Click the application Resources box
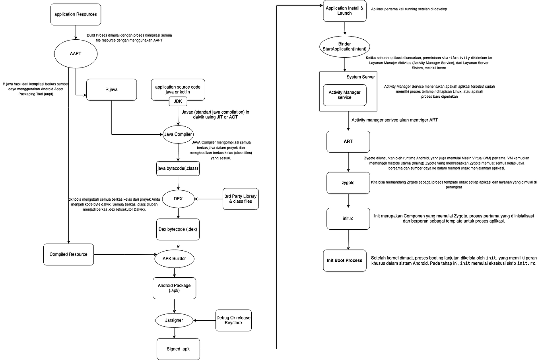pyautogui.click(x=76, y=14)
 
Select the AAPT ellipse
pyautogui.click(x=76, y=54)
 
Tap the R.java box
pyautogui.click(x=111, y=89)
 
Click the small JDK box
pyautogui.click(x=178, y=101)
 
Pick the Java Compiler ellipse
pyautogui.click(x=178, y=134)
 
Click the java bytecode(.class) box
pyautogui.click(x=178, y=168)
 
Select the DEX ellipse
pyautogui.click(x=178, y=199)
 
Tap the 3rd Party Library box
pyautogui.click(x=240, y=199)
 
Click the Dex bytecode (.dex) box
pyautogui.click(x=178, y=229)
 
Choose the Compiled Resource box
pyautogui.click(x=68, y=254)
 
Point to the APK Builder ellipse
pyautogui.click(x=174, y=259)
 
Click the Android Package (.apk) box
pyautogui.click(x=174, y=288)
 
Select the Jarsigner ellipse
pyautogui.click(x=174, y=320)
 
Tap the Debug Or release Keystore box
pyautogui.click(x=233, y=320)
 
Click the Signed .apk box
pyautogui.click(x=178, y=349)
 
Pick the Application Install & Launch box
pyautogui.click(x=344, y=11)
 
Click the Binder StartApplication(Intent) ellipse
pyautogui.click(x=344, y=46)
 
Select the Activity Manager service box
pyautogui.click(x=344, y=95)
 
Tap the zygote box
pyautogui.click(x=348, y=183)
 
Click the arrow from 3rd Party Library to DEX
pyautogui.click(x=208, y=199)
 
